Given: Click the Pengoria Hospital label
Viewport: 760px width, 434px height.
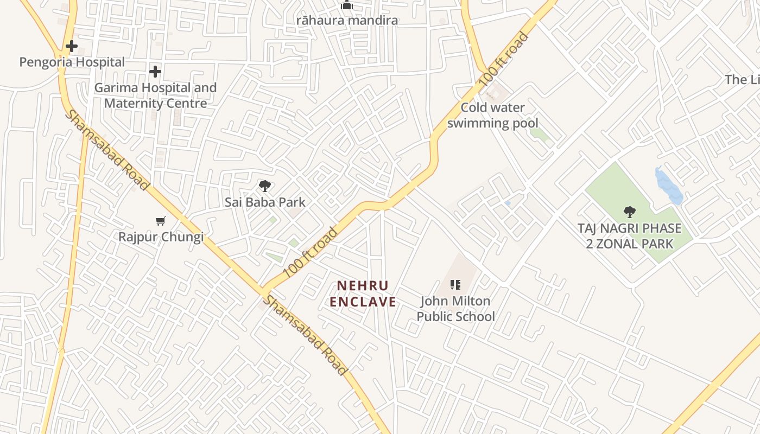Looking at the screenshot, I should click(72, 62).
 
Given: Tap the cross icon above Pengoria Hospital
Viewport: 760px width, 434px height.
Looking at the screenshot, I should click(71, 46).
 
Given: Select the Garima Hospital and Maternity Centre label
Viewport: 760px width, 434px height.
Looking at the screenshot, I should click(155, 95).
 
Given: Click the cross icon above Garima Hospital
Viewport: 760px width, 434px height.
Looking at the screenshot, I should click(155, 71).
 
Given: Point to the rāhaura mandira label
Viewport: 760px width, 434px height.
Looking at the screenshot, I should click(347, 21).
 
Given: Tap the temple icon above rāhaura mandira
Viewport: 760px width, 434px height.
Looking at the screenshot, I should click(347, 5).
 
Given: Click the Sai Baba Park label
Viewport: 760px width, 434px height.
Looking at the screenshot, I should click(265, 202).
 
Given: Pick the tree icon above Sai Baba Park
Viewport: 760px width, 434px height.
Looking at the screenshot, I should click(264, 187).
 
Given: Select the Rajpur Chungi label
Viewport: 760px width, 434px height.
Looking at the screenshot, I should click(161, 237).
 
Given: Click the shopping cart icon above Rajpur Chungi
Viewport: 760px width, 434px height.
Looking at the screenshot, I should click(160, 221).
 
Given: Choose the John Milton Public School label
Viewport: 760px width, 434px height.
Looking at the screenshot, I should click(455, 309).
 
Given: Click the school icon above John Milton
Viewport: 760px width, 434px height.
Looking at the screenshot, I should click(455, 284).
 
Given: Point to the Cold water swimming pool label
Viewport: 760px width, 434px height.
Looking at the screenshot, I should click(492, 115).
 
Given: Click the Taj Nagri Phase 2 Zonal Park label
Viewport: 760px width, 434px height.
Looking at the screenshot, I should click(630, 236).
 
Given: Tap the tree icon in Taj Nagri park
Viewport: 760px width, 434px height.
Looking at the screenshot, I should click(630, 212).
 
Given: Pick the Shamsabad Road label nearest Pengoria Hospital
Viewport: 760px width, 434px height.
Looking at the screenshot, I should click(107, 150).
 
